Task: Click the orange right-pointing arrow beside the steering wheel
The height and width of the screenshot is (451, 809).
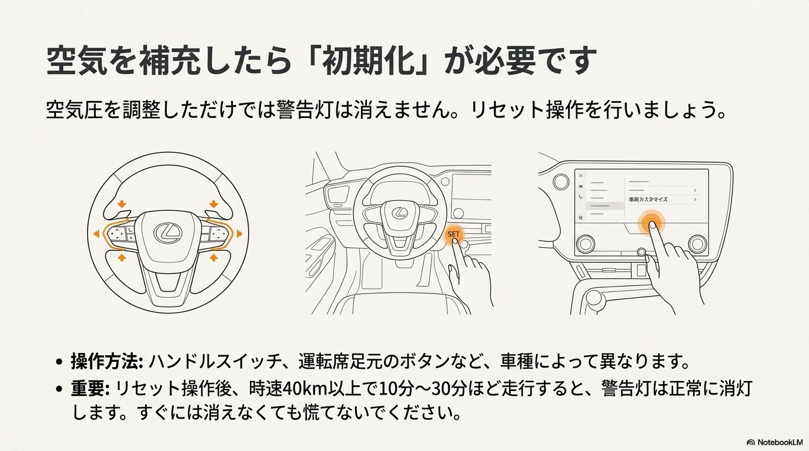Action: coord(239,234)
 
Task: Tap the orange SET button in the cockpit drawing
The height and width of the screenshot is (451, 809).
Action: coord(454,234)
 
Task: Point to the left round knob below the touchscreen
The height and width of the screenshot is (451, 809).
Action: coord(586,243)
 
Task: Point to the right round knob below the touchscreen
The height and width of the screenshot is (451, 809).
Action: coord(697,243)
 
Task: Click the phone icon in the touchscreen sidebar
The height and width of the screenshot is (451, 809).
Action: coord(581,196)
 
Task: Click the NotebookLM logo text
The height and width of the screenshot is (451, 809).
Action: coord(776,442)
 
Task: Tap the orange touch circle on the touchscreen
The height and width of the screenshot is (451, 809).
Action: coord(650,223)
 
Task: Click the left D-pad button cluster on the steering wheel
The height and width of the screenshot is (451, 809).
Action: coord(118,234)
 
